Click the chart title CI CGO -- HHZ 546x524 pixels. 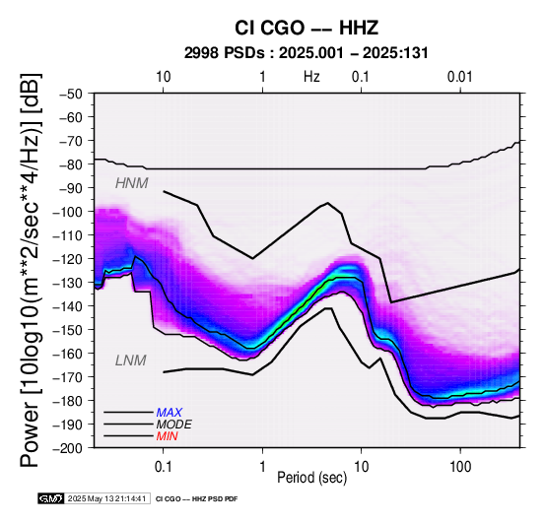coord(307,28)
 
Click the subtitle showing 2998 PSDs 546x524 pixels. coord(307,53)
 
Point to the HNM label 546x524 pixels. coord(132,183)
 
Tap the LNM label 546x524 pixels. coord(130,360)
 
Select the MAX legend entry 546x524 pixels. coord(169,413)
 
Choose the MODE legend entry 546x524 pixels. coord(173,425)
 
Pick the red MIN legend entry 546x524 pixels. coord(167,436)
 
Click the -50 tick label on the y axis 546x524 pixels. coord(71,94)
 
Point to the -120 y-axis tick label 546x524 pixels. coord(68,259)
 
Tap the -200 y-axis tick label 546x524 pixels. coord(68,448)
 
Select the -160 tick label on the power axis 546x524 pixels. coord(68,354)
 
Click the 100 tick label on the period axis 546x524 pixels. coord(460,467)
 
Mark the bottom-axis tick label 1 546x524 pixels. coord(262,467)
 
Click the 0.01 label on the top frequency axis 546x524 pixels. coord(459,77)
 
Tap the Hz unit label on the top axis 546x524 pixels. coord(311,77)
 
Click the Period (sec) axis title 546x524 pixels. coord(312,478)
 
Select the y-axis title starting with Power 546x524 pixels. coord(30,270)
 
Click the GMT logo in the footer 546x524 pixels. coord(51,498)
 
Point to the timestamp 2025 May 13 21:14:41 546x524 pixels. coord(106,498)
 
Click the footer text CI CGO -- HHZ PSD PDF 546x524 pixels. coord(196,499)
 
